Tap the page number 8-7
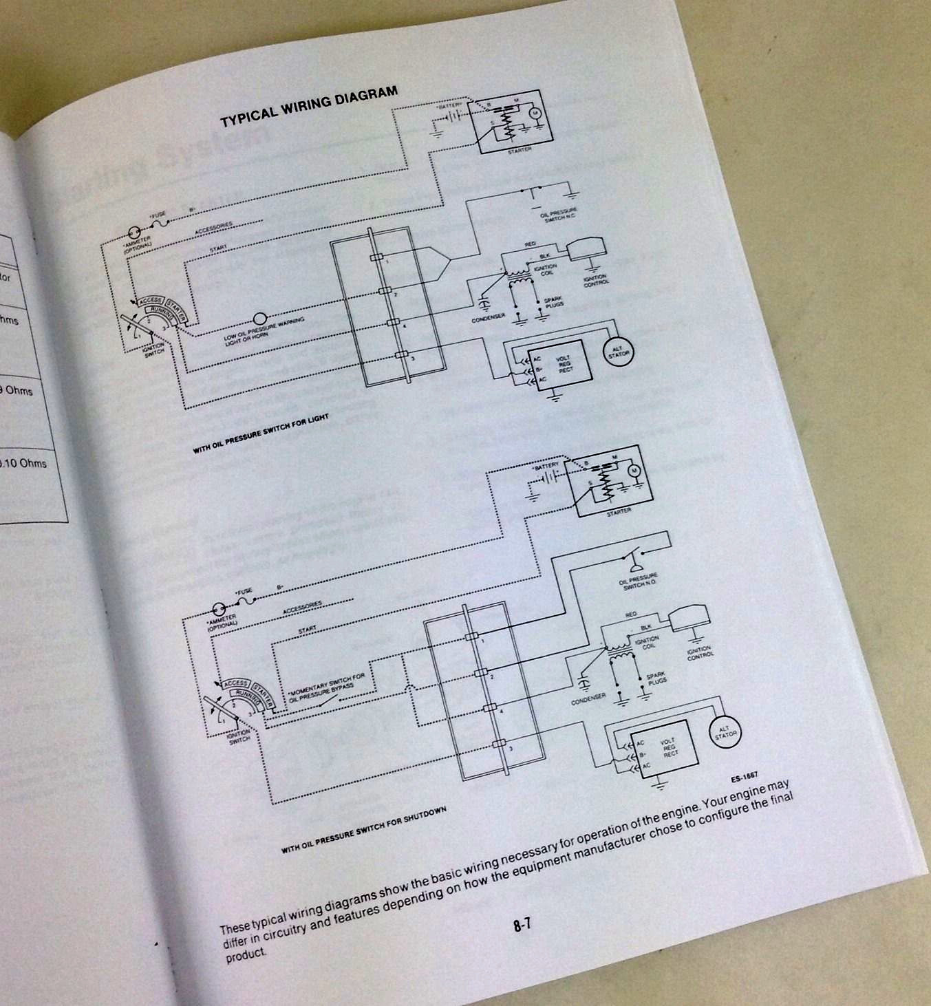[x=522, y=925]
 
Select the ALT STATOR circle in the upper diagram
[x=615, y=353]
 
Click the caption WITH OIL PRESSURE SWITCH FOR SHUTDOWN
[x=363, y=830]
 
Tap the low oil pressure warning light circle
[x=260, y=319]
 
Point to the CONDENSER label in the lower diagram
[x=588, y=700]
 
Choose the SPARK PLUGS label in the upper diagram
[x=554, y=302]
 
